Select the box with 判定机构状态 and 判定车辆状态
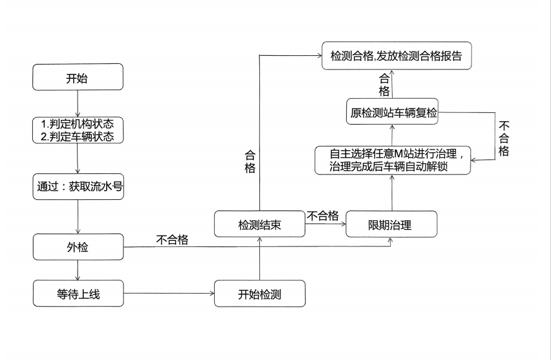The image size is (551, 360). (x=78, y=130)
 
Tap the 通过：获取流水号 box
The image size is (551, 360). (x=78, y=186)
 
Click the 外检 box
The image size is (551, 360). (x=78, y=247)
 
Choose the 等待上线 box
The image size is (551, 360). (x=78, y=294)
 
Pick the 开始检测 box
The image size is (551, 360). (x=259, y=294)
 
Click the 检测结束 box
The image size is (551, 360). (x=259, y=225)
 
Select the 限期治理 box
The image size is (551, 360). (x=391, y=225)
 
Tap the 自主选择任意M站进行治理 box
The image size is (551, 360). (x=392, y=160)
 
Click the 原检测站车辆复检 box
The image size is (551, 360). (x=392, y=114)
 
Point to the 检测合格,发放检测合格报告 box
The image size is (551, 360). (x=396, y=56)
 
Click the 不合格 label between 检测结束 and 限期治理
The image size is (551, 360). (x=323, y=216)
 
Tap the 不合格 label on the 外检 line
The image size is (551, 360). (x=172, y=239)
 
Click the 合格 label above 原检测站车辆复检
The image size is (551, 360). (x=385, y=85)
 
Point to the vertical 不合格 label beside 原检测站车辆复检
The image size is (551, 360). (x=504, y=137)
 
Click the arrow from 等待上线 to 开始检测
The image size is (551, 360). (x=169, y=294)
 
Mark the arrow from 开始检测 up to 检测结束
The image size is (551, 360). (x=259, y=259)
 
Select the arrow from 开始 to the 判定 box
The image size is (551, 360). (x=78, y=103)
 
